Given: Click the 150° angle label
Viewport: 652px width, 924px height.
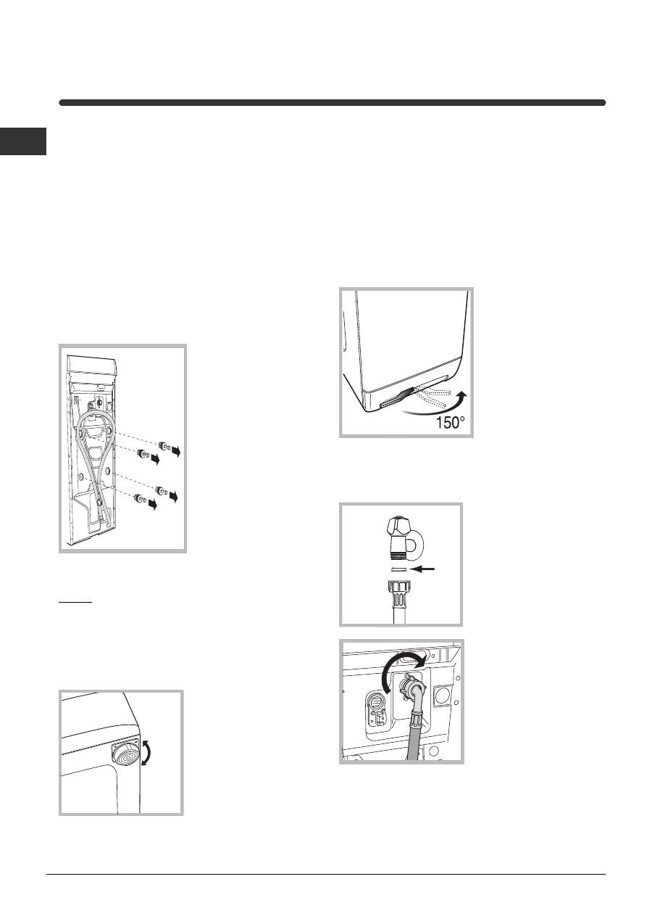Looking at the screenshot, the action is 450,422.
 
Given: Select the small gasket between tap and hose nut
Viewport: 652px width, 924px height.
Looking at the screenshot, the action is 398,569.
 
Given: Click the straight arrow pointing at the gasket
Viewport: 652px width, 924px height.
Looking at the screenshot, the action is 423,569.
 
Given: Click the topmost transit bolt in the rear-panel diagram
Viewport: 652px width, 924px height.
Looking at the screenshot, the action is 165,445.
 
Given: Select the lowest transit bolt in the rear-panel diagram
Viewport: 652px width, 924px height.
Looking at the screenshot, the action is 141,498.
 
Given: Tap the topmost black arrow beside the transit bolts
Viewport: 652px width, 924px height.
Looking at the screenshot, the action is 176,451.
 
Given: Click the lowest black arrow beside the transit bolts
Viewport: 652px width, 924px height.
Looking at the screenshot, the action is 153,503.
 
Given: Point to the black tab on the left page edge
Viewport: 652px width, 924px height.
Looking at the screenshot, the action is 23,141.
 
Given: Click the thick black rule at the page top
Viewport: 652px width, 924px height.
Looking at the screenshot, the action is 333,102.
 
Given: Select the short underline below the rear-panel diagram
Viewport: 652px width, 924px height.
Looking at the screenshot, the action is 75,602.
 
